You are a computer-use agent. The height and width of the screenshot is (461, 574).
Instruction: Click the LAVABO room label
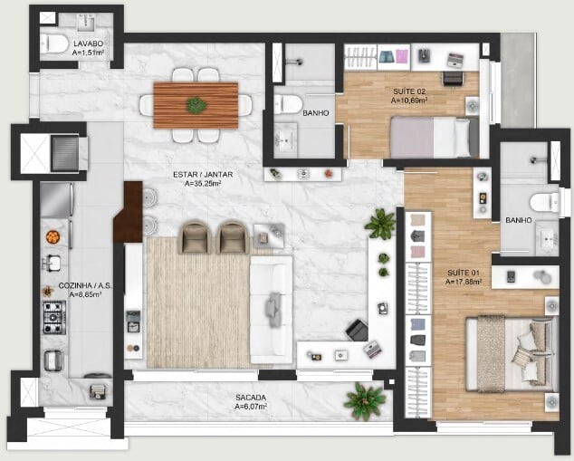[x=88, y=43]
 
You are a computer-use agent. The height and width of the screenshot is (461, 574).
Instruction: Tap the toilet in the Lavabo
[x=53, y=43]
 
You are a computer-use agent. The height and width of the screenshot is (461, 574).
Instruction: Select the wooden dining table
[x=196, y=105]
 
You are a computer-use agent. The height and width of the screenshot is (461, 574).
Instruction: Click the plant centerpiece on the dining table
[x=196, y=105]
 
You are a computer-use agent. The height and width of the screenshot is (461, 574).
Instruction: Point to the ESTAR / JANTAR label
[x=203, y=175]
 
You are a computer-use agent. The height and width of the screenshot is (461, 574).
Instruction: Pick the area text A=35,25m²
[x=203, y=184]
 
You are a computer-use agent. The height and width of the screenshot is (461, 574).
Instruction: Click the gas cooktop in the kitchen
[x=54, y=318]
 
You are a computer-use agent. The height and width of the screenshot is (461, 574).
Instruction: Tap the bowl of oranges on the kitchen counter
[x=53, y=237]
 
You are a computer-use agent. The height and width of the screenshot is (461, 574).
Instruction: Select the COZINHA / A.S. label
[x=85, y=285]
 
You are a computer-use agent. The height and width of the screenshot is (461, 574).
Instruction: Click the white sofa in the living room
[x=272, y=310]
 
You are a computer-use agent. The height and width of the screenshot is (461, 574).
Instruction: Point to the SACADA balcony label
[x=251, y=398]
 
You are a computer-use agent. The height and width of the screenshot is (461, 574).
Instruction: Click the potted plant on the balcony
[x=364, y=400]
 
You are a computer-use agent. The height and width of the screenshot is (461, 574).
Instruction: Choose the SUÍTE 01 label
[x=463, y=273]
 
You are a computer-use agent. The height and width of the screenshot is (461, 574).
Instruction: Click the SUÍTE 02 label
[x=409, y=91]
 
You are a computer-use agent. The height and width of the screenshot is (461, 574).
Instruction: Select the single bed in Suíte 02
[x=435, y=138]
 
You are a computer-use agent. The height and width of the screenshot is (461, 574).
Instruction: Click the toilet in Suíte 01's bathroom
[x=544, y=202]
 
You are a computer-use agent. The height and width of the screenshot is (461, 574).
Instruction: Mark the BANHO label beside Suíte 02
[x=316, y=113]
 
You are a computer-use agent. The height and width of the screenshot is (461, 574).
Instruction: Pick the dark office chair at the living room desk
[x=357, y=330]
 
